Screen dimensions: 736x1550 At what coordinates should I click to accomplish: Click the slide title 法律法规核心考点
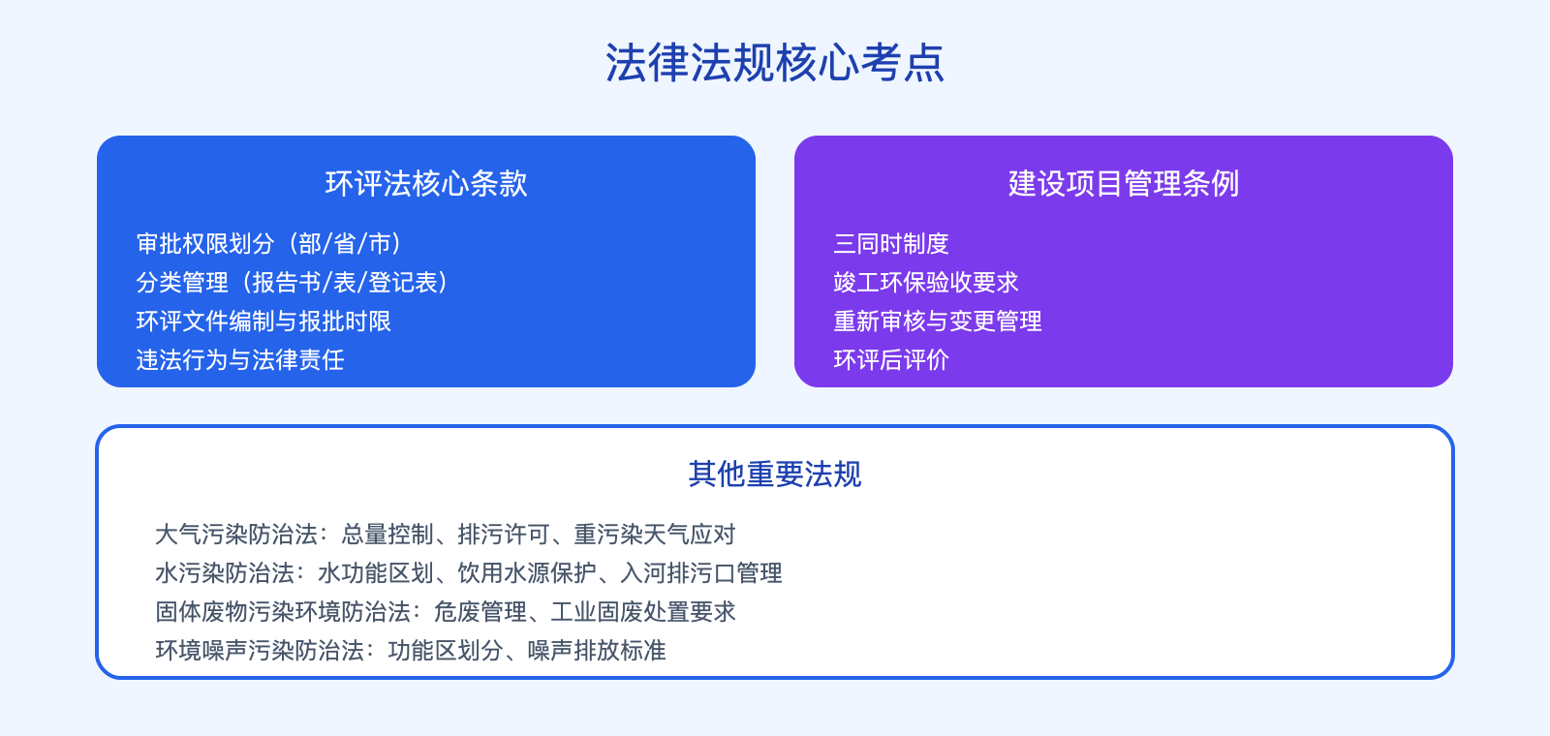(775, 63)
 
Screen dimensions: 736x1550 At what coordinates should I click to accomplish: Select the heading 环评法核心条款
(426, 183)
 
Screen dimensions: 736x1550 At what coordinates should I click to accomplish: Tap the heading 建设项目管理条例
(1124, 183)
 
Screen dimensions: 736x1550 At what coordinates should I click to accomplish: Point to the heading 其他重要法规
(775, 474)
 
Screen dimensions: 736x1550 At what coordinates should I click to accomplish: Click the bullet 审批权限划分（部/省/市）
(268, 243)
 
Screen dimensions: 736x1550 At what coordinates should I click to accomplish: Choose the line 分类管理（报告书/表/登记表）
(292, 282)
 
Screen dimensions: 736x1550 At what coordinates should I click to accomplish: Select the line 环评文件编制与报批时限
(263, 321)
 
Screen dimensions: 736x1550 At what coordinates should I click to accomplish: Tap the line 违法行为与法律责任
(240, 359)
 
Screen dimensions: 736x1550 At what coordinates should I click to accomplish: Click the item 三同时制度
(891, 243)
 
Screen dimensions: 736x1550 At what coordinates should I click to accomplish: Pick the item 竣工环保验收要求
(926, 282)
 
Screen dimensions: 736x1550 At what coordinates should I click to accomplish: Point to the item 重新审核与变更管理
(938, 321)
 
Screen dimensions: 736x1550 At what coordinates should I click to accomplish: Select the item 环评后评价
(891, 359)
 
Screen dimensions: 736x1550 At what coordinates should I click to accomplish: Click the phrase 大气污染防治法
(236, 534)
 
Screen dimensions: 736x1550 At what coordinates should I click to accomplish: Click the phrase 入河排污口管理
(701, 572)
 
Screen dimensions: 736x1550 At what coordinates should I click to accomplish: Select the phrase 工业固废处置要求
(643, 611)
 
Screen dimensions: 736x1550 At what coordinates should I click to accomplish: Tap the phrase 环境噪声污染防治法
(260, 650)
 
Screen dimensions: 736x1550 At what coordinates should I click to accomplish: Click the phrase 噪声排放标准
(597, 650)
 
